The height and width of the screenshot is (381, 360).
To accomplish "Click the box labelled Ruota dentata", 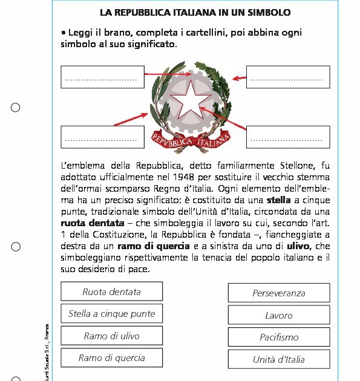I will pyautogui.click(x=111, y=292).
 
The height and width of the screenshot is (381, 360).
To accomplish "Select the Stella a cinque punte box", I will pyautogui.click(x=111, y=314).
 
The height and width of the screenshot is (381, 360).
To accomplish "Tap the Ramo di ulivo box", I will pyautogui.click(x=111, y=336).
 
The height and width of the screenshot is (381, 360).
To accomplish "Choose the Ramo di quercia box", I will pyautogui.click(x=111, y=358).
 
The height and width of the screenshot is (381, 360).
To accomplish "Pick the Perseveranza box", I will pyautogui.click(x=278, y=293).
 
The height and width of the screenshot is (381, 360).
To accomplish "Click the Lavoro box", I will pyautogui.click(x=278, y=315).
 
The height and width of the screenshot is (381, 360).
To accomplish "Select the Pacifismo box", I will pyautogui.click(x=278, y=337).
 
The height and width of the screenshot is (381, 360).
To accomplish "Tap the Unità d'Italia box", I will pyautogui.click(x=278, y=359).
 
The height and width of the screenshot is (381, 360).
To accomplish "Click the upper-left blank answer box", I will pyautogui.click(x=102, y=77).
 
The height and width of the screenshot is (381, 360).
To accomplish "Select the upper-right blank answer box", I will pyautogui.click(x=287, y=77).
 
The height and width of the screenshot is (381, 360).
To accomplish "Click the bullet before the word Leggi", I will pyautogui.click(x=64, y=32).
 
